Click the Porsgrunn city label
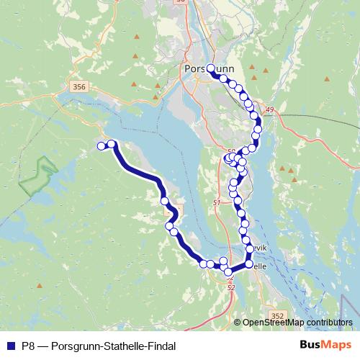(x=205, y=70)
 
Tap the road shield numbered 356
(x=79, y=87)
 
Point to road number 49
(x=270, y=109)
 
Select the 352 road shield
(x=279, y=316)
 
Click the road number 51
(x=217, y=204)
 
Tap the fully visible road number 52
(x=231, y=287)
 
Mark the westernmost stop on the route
(x=102, y=146)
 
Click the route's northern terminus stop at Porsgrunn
(x=210, y=68)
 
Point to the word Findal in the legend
(x=161, y=346)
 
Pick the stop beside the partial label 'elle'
(x=249, y=264)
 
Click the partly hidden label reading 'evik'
(x=259, y=248)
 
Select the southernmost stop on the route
(x=229, y=272)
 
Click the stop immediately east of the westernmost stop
(x=112, y=144)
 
